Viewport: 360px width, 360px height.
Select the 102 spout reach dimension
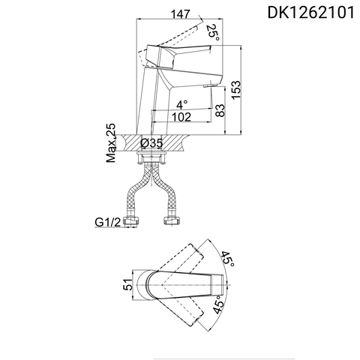(x=181, y=117)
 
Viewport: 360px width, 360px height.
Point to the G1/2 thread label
(x=108, y=223)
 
